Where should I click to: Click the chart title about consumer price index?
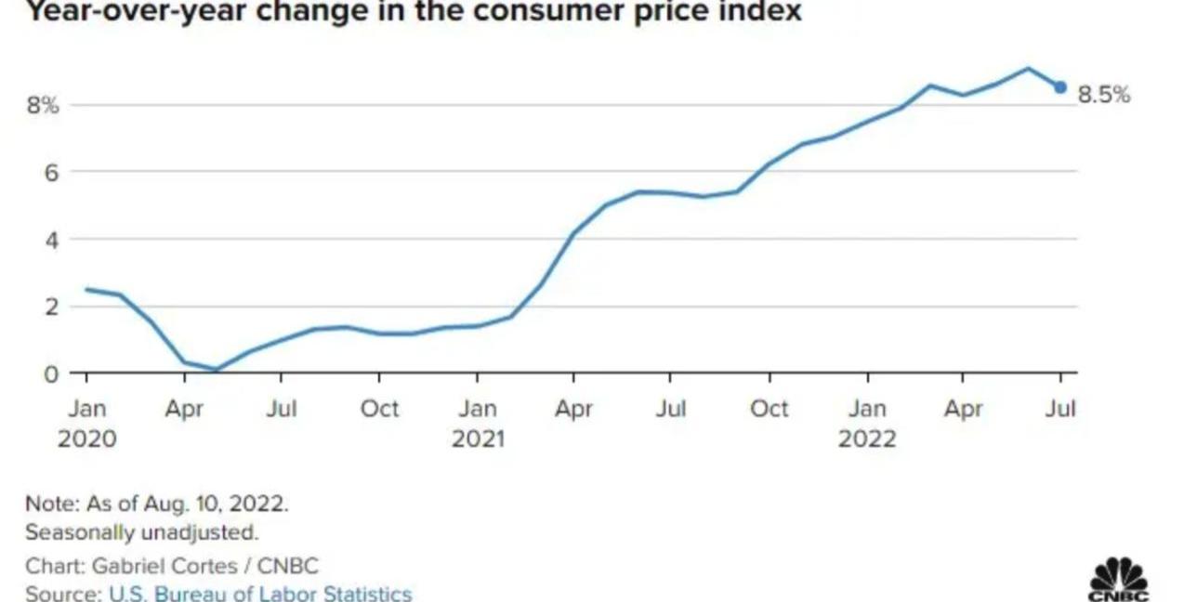[x=400, y=11]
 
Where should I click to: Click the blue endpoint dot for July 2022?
[x=1060, y=87]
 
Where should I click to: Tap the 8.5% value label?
[x=1104, y=94]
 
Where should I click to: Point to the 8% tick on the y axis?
[x=43, y=105]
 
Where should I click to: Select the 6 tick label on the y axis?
[x=52, y=172]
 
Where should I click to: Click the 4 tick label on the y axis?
[x=52, y=240]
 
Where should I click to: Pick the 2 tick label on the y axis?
[x=52, y=307]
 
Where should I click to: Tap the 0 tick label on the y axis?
[x=52, y=373]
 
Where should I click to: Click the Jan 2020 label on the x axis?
[x=87, y=423]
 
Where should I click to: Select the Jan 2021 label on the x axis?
[x=478, y=423]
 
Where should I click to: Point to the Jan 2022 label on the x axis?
[x=867, y=423]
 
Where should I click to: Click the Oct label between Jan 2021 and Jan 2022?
[x=770, y=409]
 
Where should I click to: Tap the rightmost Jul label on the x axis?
[x=1060, y=409]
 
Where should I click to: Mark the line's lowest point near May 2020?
[x=217, y=371]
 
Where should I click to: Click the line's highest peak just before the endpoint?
[x=1028, y=68]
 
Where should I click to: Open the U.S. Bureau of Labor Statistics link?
[x=259, y=593]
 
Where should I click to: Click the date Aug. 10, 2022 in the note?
[x=216, y=504]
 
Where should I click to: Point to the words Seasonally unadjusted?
[x=141, y=532]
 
